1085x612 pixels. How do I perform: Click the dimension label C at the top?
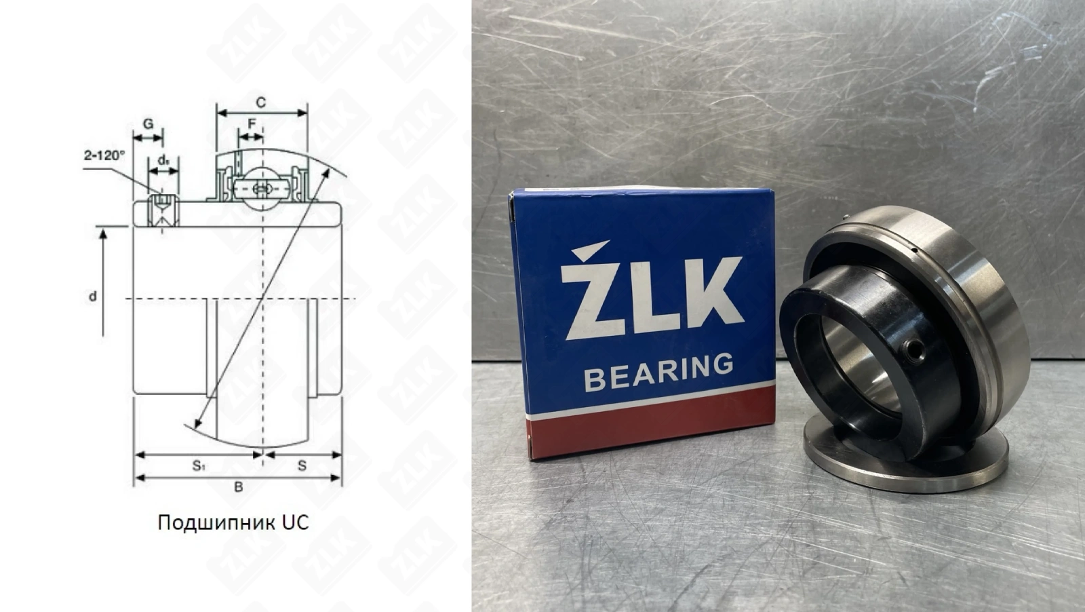tap(260, 102)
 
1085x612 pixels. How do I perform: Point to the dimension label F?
tap(252, 124)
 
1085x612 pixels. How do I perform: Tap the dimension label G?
tap(149, 123)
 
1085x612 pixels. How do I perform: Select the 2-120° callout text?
tap(104, 155)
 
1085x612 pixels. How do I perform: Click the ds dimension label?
tap(163, 159)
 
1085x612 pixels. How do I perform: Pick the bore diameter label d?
tap(92, 296)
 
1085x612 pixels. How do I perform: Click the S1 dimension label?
tap(199, 465)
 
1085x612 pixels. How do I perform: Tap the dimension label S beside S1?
tap(302, 465)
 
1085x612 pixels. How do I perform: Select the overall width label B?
tap(238, 487)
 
